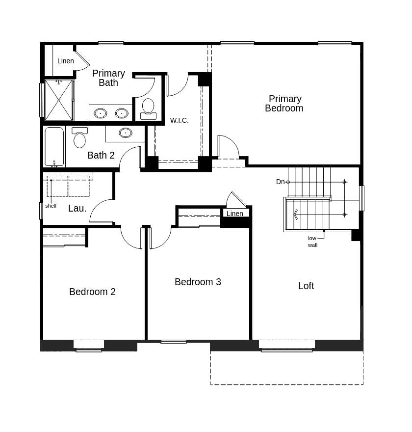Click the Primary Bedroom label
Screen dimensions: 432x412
tap(284, 104)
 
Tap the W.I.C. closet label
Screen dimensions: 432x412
tap(179, 120)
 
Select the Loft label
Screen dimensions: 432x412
tap(306, 286)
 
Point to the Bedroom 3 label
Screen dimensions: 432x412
tap(198, 282)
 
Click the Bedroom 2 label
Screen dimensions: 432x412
tap(92, 292)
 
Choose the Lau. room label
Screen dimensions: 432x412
tap(77, 208)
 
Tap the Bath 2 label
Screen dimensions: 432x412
tap(101, 155)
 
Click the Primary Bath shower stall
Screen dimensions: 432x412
tap(58, 100)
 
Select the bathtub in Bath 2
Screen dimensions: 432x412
tap(54, 146)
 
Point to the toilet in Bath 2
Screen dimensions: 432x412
tap(79, 138)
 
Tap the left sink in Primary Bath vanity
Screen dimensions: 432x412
tap(100, 113)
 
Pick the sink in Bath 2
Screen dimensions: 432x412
tap(126, 133)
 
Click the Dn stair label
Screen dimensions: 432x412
tap(280, 182)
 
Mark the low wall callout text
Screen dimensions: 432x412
tap(312, 242)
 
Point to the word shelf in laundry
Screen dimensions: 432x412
tap(51, 206)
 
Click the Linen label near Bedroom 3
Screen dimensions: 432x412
tap(235, 214)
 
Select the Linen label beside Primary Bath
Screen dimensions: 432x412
tap(65, 61)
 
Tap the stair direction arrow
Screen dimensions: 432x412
tap(295, 215)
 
